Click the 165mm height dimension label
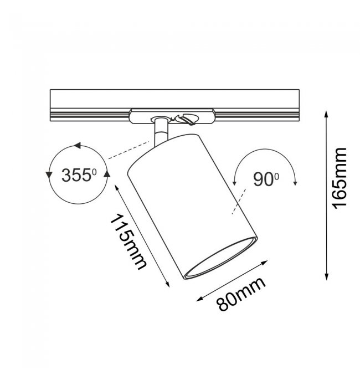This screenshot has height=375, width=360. [340, 178]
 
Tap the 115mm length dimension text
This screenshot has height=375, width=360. [128, 242]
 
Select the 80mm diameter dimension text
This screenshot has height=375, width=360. [241, 295]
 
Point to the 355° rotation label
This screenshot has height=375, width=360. [79, 175]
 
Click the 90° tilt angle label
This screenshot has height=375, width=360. [266, 179]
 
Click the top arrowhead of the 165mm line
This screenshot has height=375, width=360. [326, 114]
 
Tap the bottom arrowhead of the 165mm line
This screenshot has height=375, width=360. [326, 277]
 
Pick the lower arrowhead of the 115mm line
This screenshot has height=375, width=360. [168, 284]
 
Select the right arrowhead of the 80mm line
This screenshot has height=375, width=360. [264, 263]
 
